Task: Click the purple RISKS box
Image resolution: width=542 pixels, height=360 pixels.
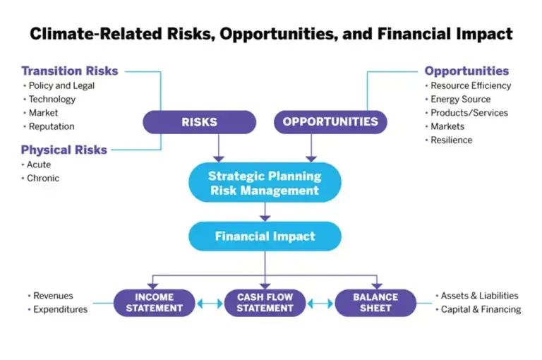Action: coord(199,122)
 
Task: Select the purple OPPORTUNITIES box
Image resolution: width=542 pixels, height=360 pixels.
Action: coord(330,122)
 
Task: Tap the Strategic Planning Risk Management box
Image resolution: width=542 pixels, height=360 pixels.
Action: coord(265,183)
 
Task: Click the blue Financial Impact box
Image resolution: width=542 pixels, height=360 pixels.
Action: coord(265,236)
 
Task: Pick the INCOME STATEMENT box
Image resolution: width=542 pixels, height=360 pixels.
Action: coord(155,303)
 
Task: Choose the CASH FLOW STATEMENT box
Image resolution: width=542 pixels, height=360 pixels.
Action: coord(265,303)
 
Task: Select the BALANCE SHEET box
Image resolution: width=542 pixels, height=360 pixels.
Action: coord(375,303)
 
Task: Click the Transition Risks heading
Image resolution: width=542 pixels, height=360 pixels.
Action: coord(70,71)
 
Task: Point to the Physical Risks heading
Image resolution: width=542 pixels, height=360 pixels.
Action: coord(64,150)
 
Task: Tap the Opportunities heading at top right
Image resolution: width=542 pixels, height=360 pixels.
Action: coord(466,71)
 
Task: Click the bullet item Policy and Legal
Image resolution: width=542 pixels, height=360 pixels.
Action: coord(61,85)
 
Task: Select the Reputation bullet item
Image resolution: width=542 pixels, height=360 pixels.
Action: coord(52,126)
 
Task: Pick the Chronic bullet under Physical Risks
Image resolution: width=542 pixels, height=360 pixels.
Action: coord(43,178)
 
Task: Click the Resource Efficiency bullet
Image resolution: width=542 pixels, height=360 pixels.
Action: coord(471,85)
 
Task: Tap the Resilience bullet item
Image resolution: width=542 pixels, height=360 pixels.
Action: coord(452,140)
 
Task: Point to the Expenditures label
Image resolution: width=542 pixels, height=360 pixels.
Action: coord(61,309)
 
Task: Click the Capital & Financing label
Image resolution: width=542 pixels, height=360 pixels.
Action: coord(481,309)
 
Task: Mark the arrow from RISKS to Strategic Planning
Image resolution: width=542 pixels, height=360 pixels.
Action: coord(219,148)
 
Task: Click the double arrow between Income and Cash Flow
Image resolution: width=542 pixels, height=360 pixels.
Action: coord(210,304)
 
